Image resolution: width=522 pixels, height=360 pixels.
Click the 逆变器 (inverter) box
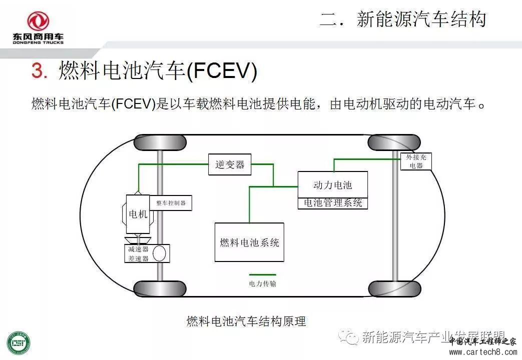tap(230, 164)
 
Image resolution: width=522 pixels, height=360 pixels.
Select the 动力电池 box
tap(332, 185)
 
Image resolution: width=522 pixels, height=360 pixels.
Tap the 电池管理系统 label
tap(332, 203)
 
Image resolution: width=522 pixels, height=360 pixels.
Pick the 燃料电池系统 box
tap(249, 242)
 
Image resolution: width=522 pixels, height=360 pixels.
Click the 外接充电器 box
tap(416, 161)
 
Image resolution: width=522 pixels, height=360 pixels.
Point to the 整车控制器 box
tap(171, 203)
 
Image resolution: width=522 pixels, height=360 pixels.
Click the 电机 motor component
tap(138, 214)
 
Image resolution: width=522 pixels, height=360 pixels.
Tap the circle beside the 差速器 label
tap(160, 253)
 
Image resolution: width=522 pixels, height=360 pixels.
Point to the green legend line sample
tap(263, 274)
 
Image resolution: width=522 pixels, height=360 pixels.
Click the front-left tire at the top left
tap(160, 142)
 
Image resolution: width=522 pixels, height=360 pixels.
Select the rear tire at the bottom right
tap(394, 288)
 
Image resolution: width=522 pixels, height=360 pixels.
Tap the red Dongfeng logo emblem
tap(38, 22)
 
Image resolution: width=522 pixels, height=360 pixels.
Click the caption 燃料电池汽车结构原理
tap(246, 321)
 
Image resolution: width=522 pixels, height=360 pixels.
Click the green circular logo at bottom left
tap(18, 344)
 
